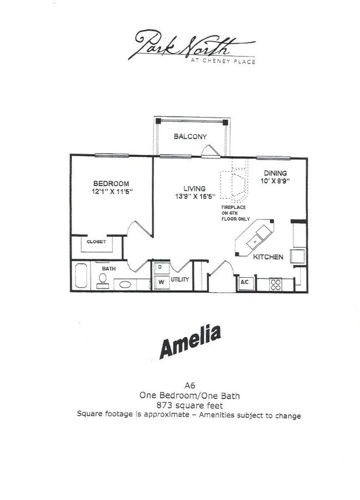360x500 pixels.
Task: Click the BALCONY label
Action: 190,136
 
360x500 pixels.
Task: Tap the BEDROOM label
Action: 111,183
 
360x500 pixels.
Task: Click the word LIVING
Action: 195,188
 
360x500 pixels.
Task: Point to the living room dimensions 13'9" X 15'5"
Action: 195,196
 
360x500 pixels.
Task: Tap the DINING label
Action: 275,173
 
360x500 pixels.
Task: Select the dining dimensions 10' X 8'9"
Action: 275,181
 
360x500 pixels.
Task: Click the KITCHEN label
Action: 269,257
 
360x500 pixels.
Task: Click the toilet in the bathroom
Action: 102,279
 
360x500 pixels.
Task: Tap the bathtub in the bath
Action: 81,276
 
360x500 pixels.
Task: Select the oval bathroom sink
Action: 126,284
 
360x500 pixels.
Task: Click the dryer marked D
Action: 161,267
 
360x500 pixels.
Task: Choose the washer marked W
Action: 161,282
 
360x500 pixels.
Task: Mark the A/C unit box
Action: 244,283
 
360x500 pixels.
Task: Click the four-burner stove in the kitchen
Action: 275,284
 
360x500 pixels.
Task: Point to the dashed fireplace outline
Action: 233,183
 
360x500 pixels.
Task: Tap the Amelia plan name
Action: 190,341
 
